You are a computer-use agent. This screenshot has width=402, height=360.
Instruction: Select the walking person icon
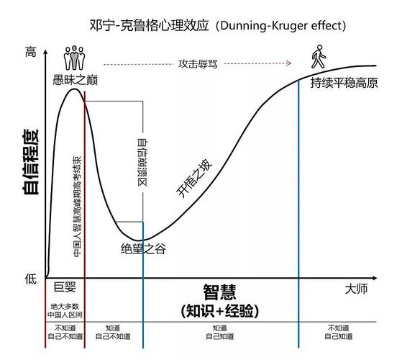(x=317, y=56)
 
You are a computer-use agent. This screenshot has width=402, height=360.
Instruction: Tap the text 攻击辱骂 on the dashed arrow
(x=198, y=63)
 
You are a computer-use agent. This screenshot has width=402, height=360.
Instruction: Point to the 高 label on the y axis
(x=30, y=52)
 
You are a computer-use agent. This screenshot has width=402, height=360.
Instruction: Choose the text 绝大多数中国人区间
(x=65, y=310)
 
